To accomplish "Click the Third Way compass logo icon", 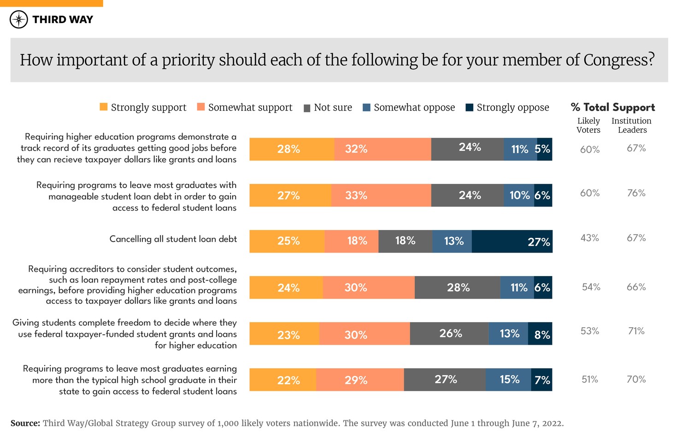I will pyautogui.click(x=19, y=19).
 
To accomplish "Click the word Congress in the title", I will pyautogui.click(x=618, y=60).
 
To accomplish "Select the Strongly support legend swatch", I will pyautogui.click(x=104, y=107).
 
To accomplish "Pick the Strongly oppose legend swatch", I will pyautogui.click(x=470, y=107).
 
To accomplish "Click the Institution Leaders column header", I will pyautogui.click(x=632, y=125).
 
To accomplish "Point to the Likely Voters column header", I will pyautogui.click(x=588, y=125).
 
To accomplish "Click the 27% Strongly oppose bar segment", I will pyautogui.click(x=512, y=241).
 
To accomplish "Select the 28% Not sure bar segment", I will pyautogui.click(x=458, y=288).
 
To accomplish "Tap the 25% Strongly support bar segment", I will pyautogui.click(x=287, y=241).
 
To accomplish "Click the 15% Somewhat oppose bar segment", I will pyautogui.click(x=508, y=380).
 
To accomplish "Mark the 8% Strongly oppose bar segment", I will pyautogui.click(x=540, y=334).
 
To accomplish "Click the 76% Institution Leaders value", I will pyautogui.click(x=636, y=193).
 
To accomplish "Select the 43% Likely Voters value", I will pyautogui.click(x=590, y=238).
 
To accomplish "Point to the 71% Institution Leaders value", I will pyautogui.click(x=636, y=331).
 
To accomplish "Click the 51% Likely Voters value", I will pyautogui.click(x=590, y=379).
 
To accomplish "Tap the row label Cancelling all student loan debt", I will pyautogui.click(x=173, y=239).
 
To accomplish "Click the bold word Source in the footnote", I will pyautogui.click(x=25, y=423).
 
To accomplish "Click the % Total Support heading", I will pyautogui.click(x=613, y=107).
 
